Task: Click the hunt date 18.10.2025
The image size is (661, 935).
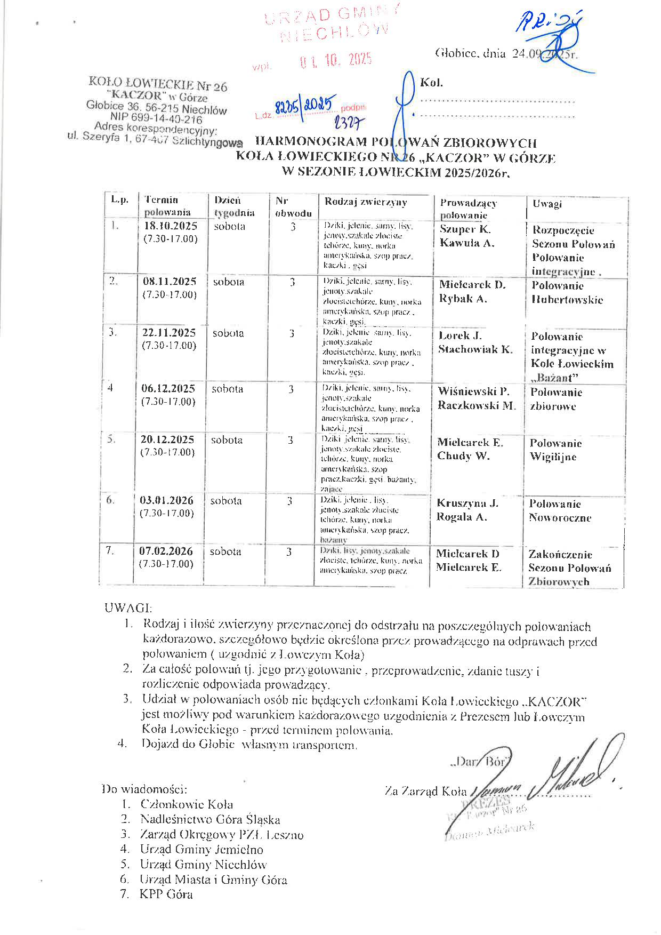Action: [171, 225]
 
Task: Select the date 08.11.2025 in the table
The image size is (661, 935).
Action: [170, 281]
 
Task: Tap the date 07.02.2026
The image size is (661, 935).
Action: [166, 550]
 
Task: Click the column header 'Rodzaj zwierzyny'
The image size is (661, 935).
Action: [366, 202]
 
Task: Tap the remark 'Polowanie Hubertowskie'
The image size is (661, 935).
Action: [567, 293]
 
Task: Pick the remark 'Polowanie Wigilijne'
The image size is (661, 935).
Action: [555, 450]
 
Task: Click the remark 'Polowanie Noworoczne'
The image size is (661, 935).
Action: [560, 510]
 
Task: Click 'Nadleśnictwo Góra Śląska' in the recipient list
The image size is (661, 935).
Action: [210, 819]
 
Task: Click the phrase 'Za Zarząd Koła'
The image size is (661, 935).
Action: [425, 792]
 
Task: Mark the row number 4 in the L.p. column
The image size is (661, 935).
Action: [110, 388]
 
